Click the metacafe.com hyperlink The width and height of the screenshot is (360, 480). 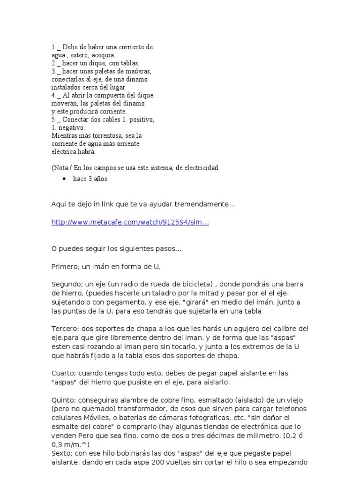coord(130,223)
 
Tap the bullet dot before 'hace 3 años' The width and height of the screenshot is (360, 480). coord(63,179)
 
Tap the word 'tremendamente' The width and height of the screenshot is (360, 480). coord(203,204)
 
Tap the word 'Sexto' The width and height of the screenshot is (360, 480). coord(61,453)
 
